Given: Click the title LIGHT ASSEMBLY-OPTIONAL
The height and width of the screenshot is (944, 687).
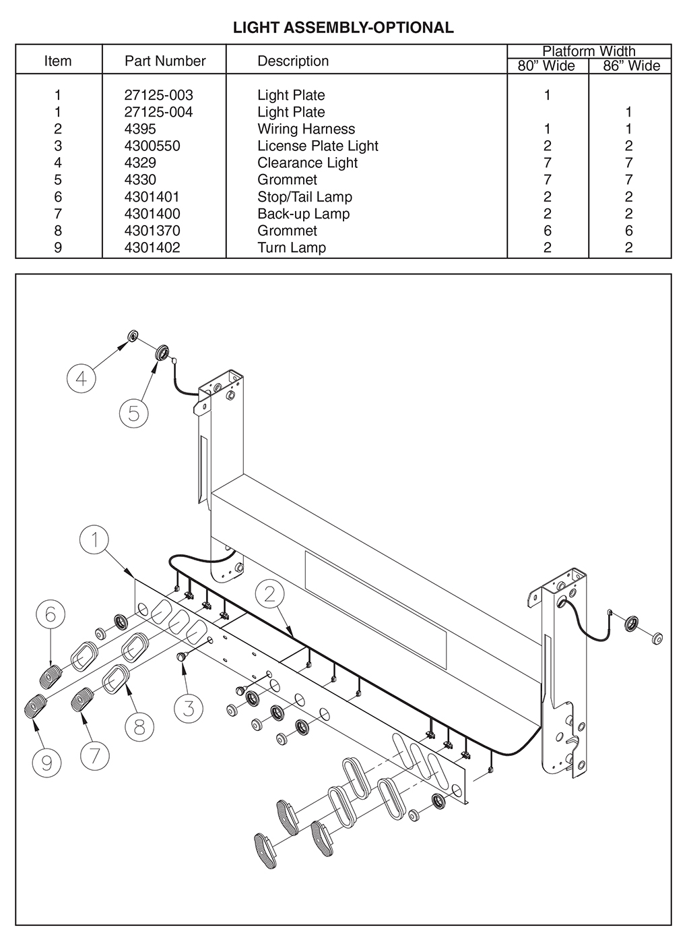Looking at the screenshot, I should pyautogui.click(x=343, y=28).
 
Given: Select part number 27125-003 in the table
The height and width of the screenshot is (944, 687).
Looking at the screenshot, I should pyautogui.click(x=158, y=95).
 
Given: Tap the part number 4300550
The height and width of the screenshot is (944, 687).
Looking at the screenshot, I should pyautogui.click(x=152, y=146).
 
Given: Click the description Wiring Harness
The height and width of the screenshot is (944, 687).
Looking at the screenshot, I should pyautogui.click(x=306, y=129).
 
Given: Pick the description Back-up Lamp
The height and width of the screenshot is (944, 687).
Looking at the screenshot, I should pyautogui.click(x=303, y=214).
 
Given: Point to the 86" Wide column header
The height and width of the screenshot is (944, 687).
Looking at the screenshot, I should pyautogui.click(x=631, y=66).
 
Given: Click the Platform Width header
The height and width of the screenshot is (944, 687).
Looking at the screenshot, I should pyautogui.click(x=589, y=51).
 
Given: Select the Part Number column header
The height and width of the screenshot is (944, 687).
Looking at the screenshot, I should pyautogui.click(x=165, y=61).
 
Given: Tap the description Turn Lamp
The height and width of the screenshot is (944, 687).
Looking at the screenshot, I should pyautogui.click(x=291, y=247).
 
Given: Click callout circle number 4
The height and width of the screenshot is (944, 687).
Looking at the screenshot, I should pyautogui.click(x=81, y=378).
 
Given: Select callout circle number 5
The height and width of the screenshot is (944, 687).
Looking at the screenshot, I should pyautogui.click(x=133, y=413).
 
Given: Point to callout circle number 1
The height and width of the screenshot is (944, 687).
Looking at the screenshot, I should pyautogui.click(x=95, y=539).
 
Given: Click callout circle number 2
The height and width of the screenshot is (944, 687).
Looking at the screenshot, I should pyautogui.click(x=270, y=593).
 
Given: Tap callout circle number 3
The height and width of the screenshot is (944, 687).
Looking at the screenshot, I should pyautogui.click(x=189, y=708).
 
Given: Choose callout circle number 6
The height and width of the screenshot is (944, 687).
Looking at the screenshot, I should pyautogui.click(x=51, y=614).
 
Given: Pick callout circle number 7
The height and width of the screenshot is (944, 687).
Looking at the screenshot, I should pyautogui.click(x=94, y=755).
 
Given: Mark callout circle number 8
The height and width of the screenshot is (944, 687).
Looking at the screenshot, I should pyautogui.click(x=139, y=727).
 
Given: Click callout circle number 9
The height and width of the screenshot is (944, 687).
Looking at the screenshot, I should pyautogui.click(x=46, y=763).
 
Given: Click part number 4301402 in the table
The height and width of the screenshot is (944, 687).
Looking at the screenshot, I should pyautogui.click(x=152, y=247).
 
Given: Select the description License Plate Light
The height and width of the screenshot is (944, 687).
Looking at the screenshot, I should pyautogui.click(x=317, y=146).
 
